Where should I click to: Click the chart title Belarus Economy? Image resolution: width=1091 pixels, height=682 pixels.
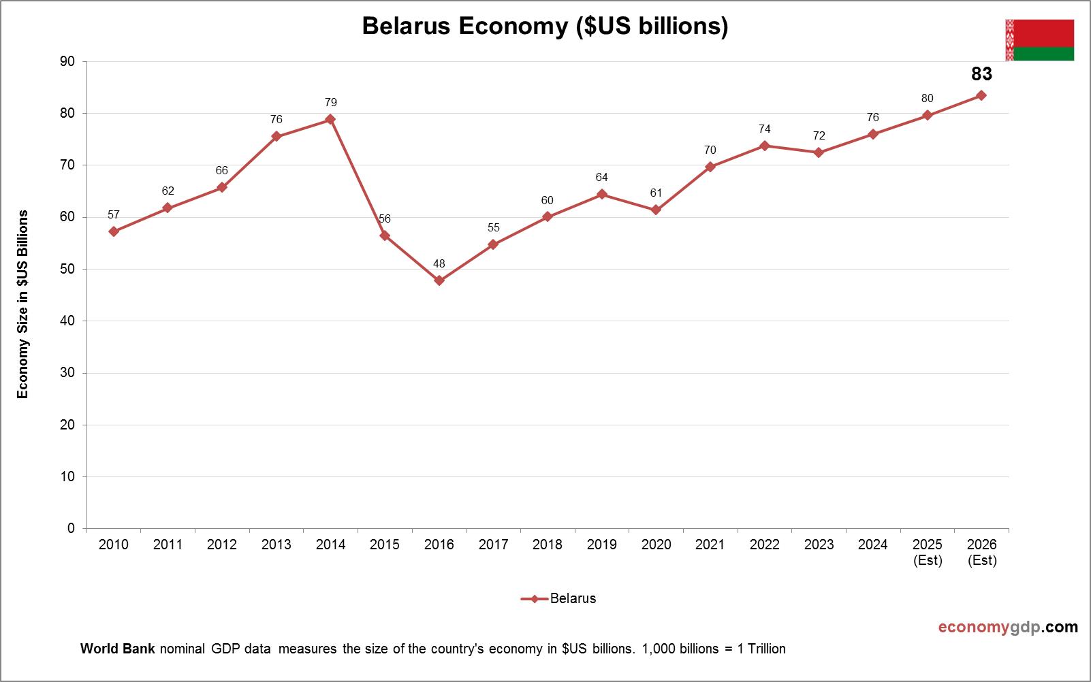pyautogui.click(x=545, y=26)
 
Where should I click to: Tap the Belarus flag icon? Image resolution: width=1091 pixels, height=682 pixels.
pyautogui.click(x=1039, y=40)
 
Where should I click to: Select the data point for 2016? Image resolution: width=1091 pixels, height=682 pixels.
pyautogui.click(x=439, y=280)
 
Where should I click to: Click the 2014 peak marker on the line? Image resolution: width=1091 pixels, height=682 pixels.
pyautogui.click(x=330, y=119)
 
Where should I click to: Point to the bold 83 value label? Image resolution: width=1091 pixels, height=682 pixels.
pyautogui.click(x=981, y=74)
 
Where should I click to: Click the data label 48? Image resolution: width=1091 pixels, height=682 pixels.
pyautogui.click(x=439, y=263)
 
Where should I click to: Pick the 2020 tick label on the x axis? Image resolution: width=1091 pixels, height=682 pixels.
pyautogui.click(x=656, y=545)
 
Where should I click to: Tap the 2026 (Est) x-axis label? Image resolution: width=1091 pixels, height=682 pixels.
pyautogui.click(x=981, y=552)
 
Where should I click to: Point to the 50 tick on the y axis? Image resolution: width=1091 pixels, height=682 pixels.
pyautogui.click(x=68, y=270)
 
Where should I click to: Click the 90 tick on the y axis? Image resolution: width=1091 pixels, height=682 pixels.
pyautogui.click(x=68, y=62)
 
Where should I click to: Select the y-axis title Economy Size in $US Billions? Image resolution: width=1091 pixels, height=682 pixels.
pyautogui.click(x=23, y=304)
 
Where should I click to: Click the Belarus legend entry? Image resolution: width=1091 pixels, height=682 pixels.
pyautogui.click(x=559, y=599)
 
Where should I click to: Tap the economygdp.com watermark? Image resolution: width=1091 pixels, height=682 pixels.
pyautogui.click(x=1008, y=627)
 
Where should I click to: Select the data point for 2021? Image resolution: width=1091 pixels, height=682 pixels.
pyautogui.click(x=710, y=167)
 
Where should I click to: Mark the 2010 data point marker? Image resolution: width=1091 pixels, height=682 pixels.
pyautogui.click(x=114, y=231)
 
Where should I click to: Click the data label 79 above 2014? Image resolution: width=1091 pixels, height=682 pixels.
pyautogui.click(x=330, y=103)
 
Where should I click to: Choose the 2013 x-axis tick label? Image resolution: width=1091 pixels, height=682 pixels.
pyautogui.click(x=276, y=545)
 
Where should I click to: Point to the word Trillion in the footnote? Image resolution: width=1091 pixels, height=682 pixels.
pyautogui.click(x=767, y=649)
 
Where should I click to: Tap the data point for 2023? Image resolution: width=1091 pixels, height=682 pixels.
pyautogui.click(x=819, y=152)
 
